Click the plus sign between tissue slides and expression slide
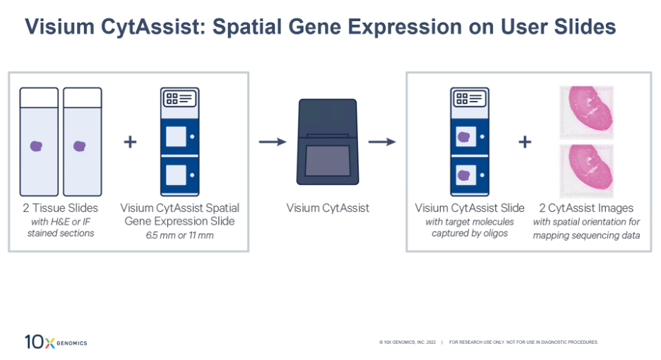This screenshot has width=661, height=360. [x=130, y=142]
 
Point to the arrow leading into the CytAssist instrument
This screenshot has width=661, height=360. [x=272, y=142]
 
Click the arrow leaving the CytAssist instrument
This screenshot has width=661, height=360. [x=381, y=142]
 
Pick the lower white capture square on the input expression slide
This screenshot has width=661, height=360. [x=179, y=174]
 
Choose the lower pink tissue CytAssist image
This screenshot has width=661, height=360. [x=586, y=169]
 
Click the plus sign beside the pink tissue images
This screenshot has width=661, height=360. [x=525, y=142]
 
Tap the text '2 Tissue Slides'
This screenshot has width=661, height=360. [x=60, y=208]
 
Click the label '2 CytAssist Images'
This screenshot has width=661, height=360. [x=586, y=208]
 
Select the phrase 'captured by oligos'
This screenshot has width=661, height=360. [x=470, y=234]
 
